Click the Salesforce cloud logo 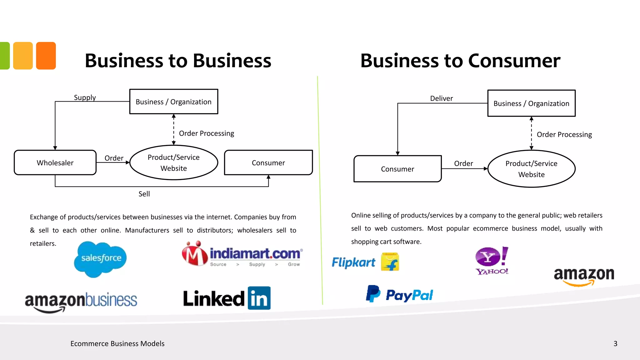coord(100,259)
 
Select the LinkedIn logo coord(227,298)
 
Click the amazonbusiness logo coord(81,301)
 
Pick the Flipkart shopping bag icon coord(390,262)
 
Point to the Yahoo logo coord(492,261)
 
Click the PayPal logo coord(399,294)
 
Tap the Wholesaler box coord(55,163)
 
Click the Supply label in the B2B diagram coord(85,97)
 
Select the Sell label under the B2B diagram coord(144,194)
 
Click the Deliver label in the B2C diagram coord(441,98)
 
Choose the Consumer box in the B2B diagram coord(268,163)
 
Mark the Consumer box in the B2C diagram coord(397,169)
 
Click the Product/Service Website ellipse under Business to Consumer coord(531,169)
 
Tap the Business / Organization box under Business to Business coord(174,102)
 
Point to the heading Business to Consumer coord(460,61)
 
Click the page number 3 coord(615,344)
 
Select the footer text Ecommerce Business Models coord(117,344)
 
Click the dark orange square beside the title coord(46,56)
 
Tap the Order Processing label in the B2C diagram coord(564,135)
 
